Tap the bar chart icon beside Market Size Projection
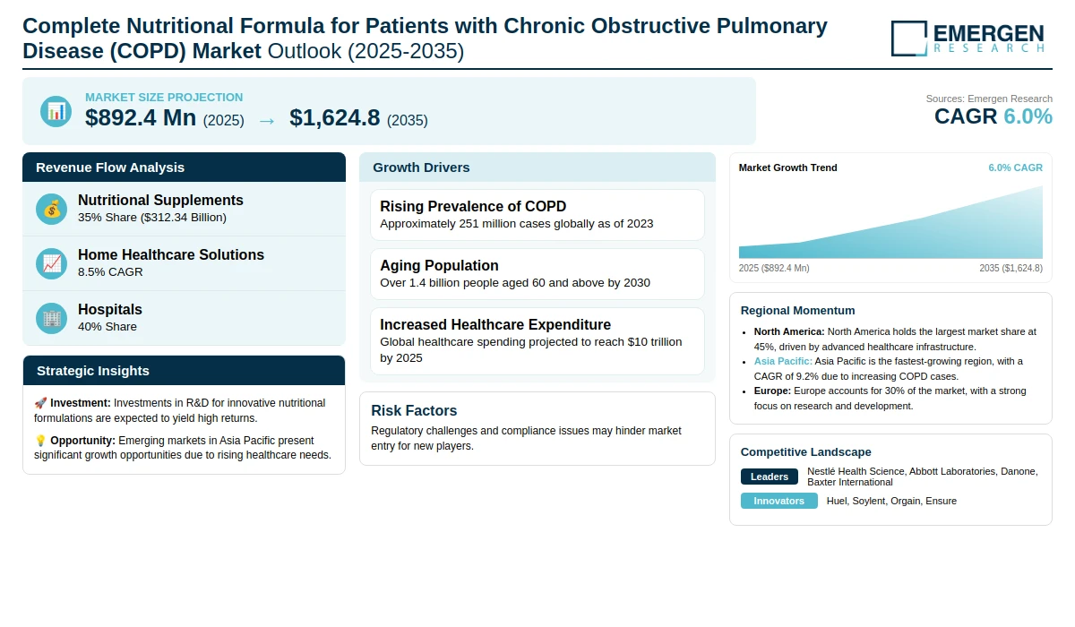point(56,111)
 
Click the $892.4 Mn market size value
point(141,118)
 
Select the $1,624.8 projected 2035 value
point(334,118)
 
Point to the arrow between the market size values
point(267,121)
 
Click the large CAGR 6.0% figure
point(993,116)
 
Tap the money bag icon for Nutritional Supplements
point(51,210)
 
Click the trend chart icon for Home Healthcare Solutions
point(51,264)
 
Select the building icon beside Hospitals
point(51,319)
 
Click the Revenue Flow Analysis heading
point(110,167)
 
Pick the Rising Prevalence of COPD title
point(473,206)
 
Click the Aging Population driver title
point(439,265)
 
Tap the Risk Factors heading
point(414,410)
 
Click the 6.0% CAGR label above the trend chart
point(1016,167)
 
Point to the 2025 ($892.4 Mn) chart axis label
point(774,268)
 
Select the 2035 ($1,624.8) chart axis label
point(1011,268)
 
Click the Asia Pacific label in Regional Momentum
point(783,361)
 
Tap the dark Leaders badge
point(770,477)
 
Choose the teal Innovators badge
point(778,501)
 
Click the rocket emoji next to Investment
point(40,403)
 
